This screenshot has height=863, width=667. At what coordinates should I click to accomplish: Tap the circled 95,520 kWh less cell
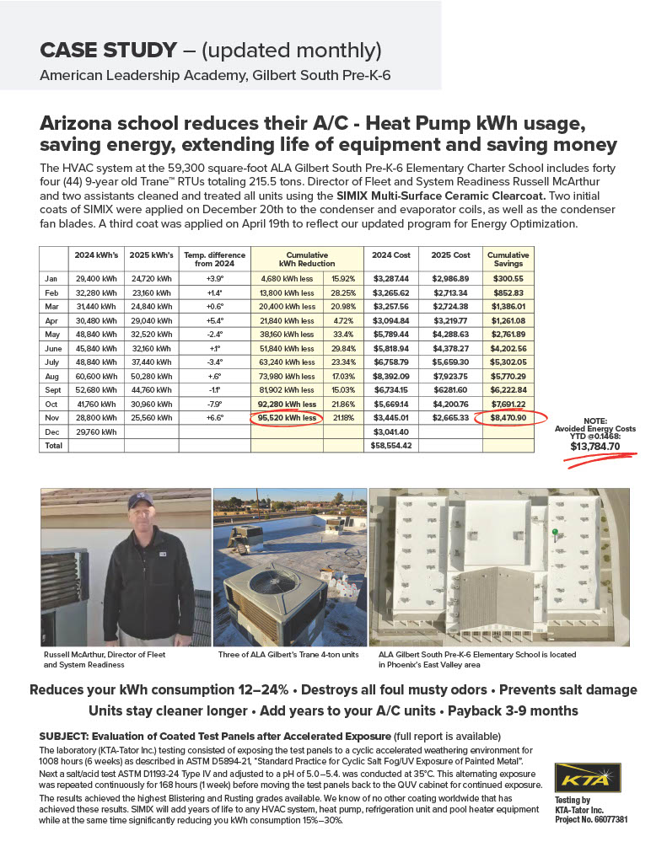tap(287, 417)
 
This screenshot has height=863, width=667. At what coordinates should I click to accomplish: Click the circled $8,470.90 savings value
tap(508, 417)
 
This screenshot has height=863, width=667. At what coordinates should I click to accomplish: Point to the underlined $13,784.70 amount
tap(594, 447)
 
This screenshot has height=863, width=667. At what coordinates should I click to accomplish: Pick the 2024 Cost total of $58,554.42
tap(390, 445)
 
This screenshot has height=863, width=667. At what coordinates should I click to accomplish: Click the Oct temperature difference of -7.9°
tap(214, 403)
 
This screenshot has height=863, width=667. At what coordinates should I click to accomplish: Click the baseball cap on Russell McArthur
tap(139, 503)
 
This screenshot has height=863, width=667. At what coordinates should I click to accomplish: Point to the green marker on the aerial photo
tap(554, 532)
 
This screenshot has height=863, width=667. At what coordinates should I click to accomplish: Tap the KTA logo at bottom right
tap(587, 777)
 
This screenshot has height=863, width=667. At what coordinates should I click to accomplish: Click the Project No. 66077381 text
tap(589, 819)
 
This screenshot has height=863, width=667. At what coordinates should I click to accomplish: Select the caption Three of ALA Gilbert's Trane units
tap(288, 654)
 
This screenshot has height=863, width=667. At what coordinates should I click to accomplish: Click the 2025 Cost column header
tap(450, 255)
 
